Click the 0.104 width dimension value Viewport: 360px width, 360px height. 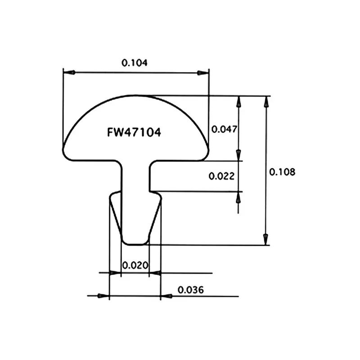(x=135, y=63)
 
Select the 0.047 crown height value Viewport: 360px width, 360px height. (x=224, y=129)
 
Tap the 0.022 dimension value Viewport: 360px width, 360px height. (x=221, y=176)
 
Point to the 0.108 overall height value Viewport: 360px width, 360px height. (x=282, y=171)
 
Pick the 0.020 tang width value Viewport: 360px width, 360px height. (x=135, y=265)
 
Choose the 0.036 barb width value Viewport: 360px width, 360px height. (x=191, y=290)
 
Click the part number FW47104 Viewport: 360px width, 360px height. (x=134, y=133)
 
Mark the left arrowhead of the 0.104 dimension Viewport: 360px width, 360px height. (x=68, y=72)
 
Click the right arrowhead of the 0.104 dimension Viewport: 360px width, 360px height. (x=204, y=72)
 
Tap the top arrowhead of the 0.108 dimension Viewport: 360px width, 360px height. (x=266, y=101)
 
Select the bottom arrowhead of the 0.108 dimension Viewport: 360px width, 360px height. (x=266, y=239)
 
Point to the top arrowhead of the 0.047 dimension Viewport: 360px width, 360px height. (x=238, y=101)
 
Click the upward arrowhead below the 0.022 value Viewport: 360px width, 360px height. (x=238, y=197)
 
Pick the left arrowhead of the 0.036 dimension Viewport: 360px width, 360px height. (x=104, y=296)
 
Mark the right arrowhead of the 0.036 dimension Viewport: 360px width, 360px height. (x=166, y=296)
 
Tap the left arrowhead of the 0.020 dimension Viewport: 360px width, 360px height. (x=117, y=273)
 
